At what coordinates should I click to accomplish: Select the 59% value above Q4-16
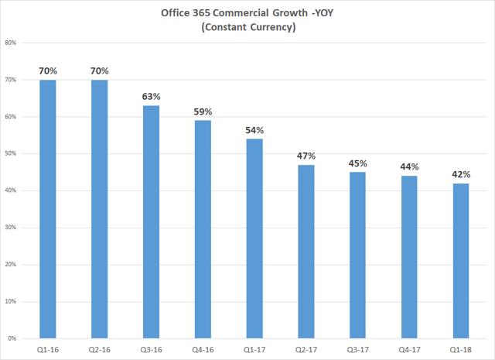202,111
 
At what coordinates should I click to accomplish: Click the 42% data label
460,174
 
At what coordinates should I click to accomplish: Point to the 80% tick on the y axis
12,43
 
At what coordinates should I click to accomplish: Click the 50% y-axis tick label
12,153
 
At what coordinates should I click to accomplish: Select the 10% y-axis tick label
12,301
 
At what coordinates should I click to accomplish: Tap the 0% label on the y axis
13,338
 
